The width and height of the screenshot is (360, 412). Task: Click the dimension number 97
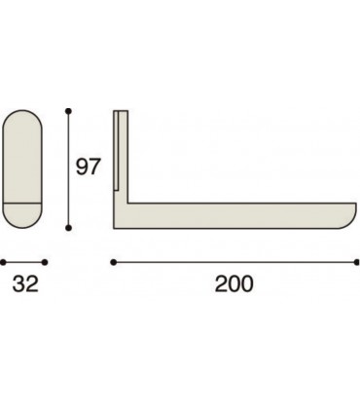(x=89, y=167)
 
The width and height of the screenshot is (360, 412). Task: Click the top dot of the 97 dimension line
(x=67, y=111)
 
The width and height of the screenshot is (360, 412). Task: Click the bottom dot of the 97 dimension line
(x=67, y=227)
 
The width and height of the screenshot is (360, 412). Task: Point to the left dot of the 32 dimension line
(x=2, y=262)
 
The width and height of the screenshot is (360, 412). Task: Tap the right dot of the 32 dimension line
(x=46, y=262)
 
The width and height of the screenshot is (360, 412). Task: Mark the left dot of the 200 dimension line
(x=114, y=262)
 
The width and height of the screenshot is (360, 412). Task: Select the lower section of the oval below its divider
(x=24, y=215)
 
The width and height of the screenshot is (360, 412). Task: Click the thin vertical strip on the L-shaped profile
(x=117, y=151)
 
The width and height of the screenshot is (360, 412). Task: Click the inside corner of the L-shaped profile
(x=127, y=205)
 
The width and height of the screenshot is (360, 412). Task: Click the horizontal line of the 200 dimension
(x=234, y=262)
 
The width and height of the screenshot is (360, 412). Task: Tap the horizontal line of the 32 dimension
(x=24, y=262)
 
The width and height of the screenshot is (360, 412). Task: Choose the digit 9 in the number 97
(x=82, y=167)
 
